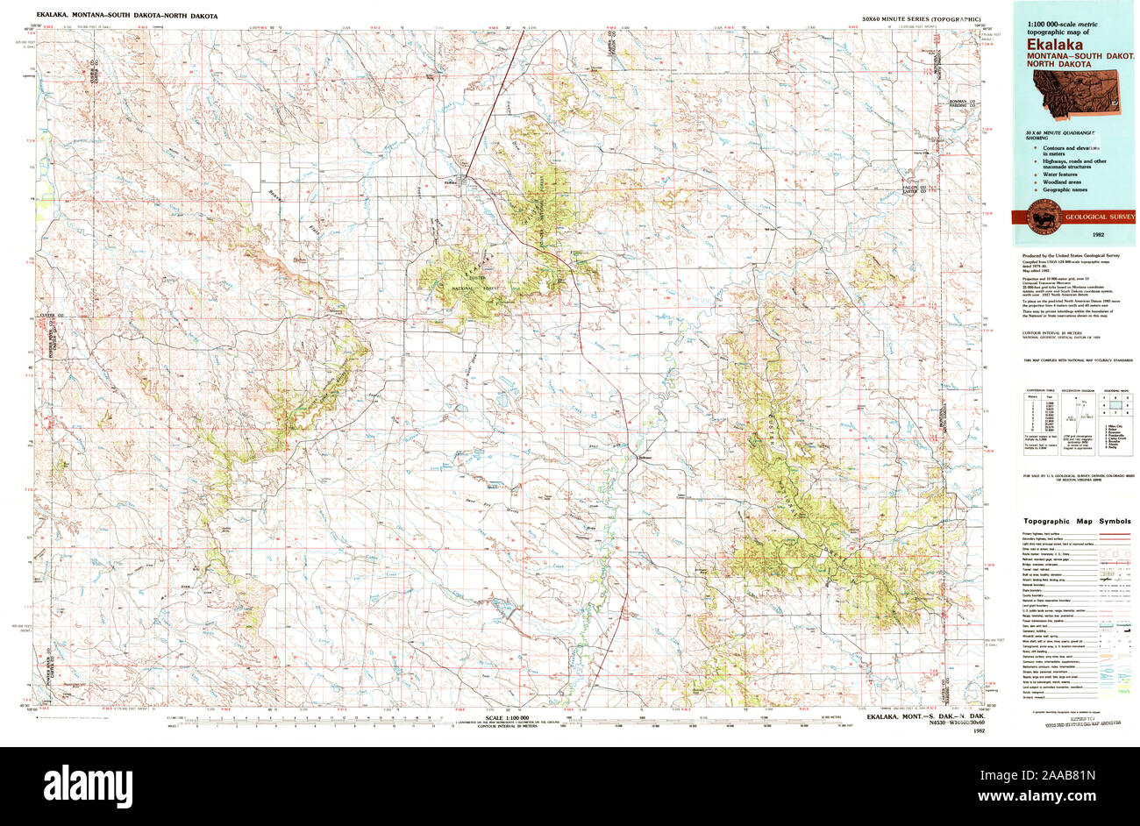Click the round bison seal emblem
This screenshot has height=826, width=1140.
(x=1038, y=216)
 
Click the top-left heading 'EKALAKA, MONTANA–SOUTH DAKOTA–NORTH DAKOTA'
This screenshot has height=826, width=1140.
(x=126, y=17)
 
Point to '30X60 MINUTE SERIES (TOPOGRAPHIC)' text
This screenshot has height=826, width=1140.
(x=921, y=18)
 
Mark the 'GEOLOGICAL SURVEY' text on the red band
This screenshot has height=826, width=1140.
(x=1099, y=217)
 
